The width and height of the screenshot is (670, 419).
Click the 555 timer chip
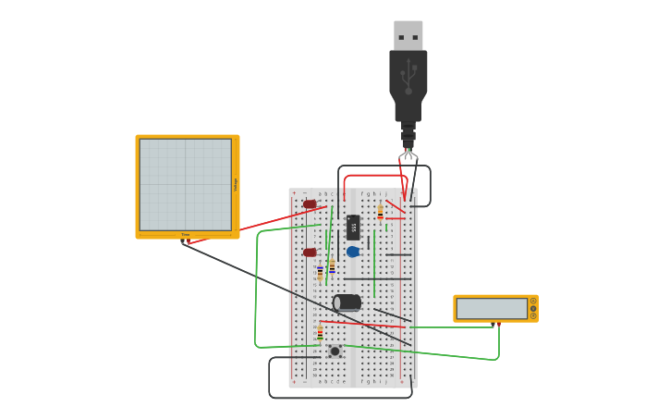click(x=353, y=227)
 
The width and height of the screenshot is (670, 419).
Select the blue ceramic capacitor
click(x=353, y=252)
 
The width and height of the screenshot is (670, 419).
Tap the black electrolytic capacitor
click(x=347, y=302)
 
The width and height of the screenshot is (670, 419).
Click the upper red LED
click(x=310, y=204)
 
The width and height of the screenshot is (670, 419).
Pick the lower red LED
click(x=310, y=253)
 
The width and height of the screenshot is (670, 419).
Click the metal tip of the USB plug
click(x=408, y=35)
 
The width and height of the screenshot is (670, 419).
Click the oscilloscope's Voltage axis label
click(x=236, y=184)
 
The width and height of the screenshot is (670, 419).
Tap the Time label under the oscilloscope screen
click(x=186, y=235)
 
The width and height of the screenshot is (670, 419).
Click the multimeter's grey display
click(x=492, y=308)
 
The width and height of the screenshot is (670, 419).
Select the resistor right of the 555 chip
click(x=380, y=212)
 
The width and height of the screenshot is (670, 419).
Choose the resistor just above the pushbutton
click(x=320, y=332)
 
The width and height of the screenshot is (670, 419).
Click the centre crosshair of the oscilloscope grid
click(x=186, y=184)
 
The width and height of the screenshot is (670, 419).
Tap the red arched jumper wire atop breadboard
click(x=374, y=176)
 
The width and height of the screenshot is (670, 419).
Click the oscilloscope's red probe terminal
click(x=189, y=242)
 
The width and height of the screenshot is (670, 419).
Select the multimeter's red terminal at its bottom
click(x=498, y=324)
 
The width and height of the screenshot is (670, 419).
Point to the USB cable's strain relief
click(x=408, y=133)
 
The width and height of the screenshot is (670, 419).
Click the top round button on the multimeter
click(x=533, y=301)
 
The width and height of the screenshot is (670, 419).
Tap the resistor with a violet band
click(x=320, y=273)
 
